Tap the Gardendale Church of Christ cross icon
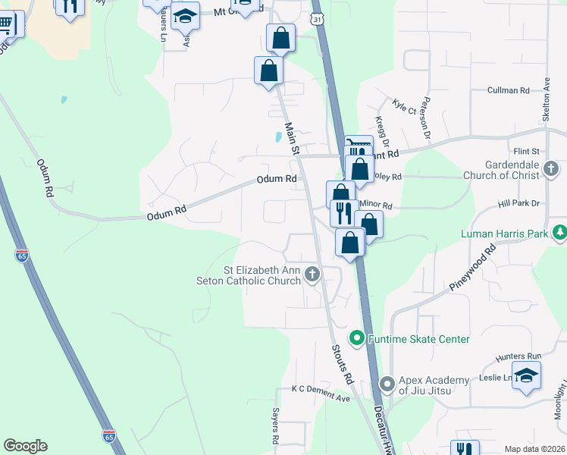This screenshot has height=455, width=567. tap(552, 166)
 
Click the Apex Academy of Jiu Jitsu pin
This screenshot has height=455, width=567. tap(387, 384)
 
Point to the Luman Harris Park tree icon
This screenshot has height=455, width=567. tap(559, 233)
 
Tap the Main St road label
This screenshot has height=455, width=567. tap(291, 140)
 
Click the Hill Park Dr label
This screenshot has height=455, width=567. tap(518, 203)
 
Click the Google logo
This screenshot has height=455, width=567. tap(25, 446)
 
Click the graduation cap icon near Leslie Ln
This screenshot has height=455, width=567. tap(526, 375)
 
